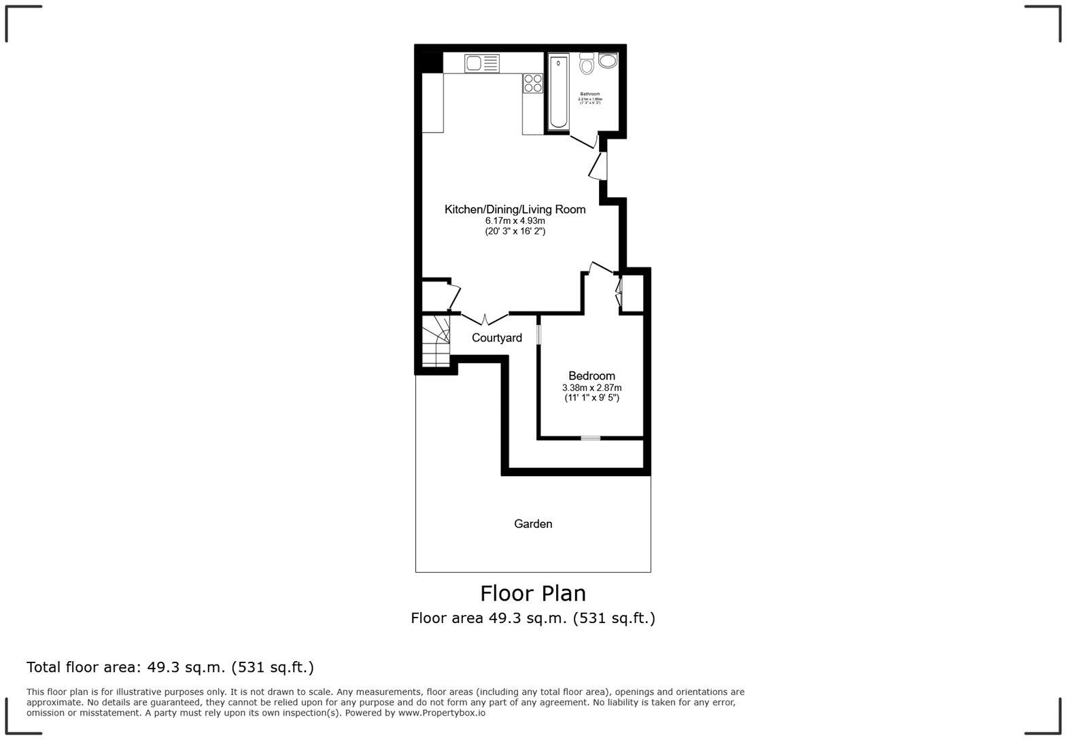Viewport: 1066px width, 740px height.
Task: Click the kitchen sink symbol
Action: [x=481, y=63]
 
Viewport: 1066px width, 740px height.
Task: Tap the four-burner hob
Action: [x=533, y=83]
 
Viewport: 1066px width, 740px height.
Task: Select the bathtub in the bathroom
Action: [x=558, y=91]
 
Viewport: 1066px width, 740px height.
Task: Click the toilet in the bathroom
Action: [x=587, y=64]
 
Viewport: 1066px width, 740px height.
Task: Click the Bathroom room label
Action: [x=589, y=94]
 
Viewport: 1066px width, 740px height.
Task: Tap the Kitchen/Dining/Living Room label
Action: [x=515, y=209]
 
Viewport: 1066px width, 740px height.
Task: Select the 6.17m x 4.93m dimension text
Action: [x=515, y=221]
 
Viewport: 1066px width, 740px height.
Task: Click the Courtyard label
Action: [x=497, y=338]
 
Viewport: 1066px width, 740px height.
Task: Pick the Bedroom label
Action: [x=591, y=375]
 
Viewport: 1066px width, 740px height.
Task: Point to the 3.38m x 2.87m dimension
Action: [x=591, y=388]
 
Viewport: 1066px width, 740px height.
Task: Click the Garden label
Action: [x=533, y=524]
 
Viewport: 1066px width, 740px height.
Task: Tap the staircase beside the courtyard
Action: [x=435, y=340]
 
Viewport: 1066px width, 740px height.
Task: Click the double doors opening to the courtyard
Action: [x=485, y=318]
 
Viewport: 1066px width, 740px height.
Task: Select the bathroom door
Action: [x=583, y=141]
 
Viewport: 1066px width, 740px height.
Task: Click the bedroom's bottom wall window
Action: [x=590, y=438]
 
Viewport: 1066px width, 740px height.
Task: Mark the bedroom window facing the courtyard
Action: [x=538, y=335]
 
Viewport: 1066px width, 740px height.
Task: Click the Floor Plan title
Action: [x=533, y=593]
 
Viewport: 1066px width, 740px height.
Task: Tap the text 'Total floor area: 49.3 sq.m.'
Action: [x=170, y=667]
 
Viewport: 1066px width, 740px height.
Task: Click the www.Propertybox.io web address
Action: [x=441, y=713]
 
